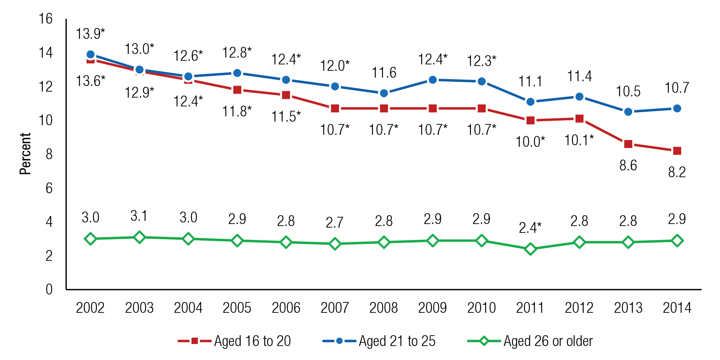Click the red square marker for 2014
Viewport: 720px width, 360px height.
coord(677,151)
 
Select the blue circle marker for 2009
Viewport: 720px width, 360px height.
coord(433,80)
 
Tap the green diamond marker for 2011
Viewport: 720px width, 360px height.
coord(531,249)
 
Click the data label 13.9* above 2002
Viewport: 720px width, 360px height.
coord(90,34)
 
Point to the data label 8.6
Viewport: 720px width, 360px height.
coord(628,165)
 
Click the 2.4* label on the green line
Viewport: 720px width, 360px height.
coord(530,228)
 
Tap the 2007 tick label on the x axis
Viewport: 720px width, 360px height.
coord(335,308)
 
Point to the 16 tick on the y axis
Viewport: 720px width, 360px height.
coord(46,19)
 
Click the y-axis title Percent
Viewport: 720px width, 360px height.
coord(25,154)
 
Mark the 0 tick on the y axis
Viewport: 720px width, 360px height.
coord(49,289)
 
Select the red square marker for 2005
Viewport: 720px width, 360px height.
coord(237,90)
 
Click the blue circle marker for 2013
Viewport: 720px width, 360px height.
coord(628,112)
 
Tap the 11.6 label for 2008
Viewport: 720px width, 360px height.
coord(384,73)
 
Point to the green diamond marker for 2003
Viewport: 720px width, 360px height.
coord(139,237)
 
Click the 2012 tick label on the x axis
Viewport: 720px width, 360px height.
coord(579,308)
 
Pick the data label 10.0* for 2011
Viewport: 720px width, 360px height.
coord(530,142)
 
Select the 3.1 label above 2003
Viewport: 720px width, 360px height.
coord(139,216)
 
